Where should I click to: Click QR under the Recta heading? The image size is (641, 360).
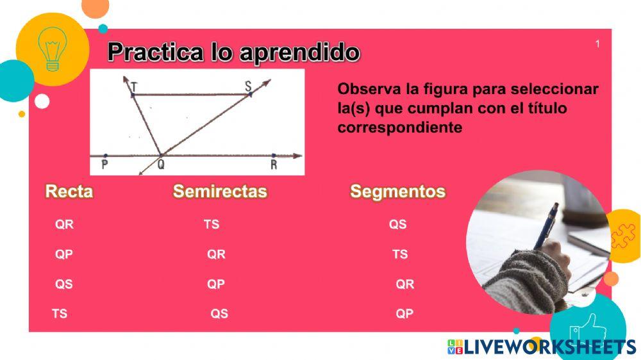tap(64, 224)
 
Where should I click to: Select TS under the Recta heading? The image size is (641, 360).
tap(59, 314)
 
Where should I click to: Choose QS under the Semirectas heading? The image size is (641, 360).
tap(219, 314)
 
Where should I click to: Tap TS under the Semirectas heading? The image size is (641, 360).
tap(212, 224)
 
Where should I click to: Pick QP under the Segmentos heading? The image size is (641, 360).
tap(404, 314)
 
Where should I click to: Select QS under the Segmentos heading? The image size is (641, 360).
tap(398, 224)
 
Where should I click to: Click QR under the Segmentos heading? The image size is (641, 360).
tap(404, 284)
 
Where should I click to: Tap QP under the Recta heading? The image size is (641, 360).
tap(63, 254)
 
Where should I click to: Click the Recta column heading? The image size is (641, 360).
tap(69, 192)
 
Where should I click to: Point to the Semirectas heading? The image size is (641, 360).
tap(220, 192)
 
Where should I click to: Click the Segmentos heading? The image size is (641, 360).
tap(398, 192)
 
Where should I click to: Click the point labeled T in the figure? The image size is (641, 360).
tap(133, 95)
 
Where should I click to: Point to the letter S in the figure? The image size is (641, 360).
tap(248, 86)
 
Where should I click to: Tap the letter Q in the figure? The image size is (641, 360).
tap(161, 164)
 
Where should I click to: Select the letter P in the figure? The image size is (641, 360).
tap(104, 165)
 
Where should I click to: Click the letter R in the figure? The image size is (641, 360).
tap(274, 165)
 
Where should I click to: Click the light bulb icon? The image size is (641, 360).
tap(53, 49)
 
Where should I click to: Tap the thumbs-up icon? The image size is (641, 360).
tap(588, 327)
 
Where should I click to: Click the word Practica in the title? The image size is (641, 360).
tap(156, 53)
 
